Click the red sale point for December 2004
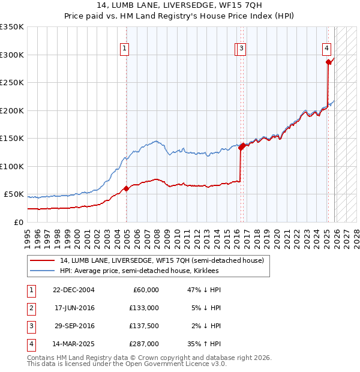(x=126, y=189)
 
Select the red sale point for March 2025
(x=328, y=62)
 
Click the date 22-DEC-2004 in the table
(x=74, y=289)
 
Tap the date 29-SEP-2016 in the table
(x=74, y=326)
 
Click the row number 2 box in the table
(x=31, y=308)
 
